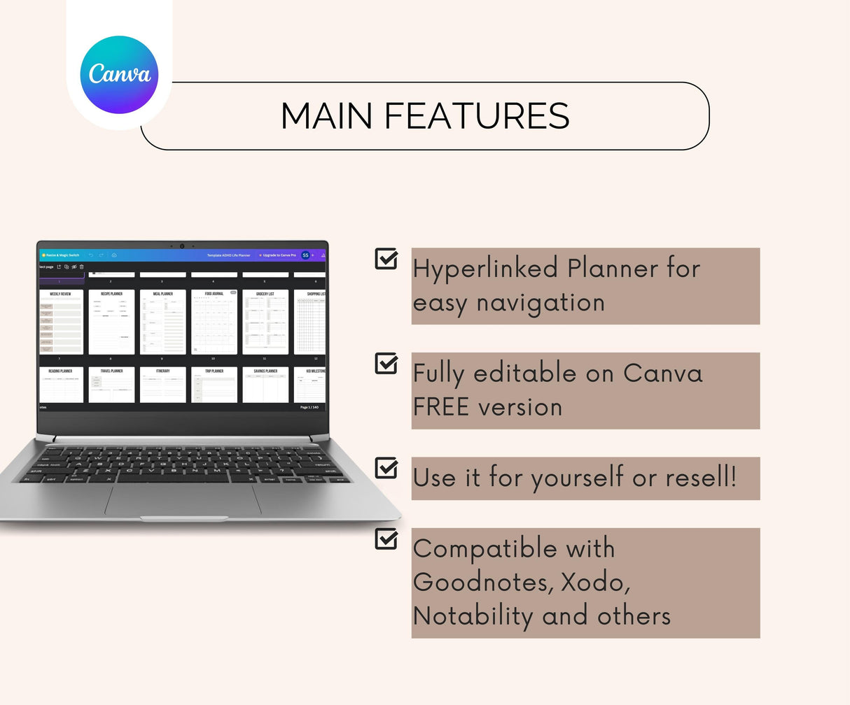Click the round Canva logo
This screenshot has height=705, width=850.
pos(119,75)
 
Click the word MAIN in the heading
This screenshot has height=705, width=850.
pos(326,116)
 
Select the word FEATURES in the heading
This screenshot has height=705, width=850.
pos(477,116)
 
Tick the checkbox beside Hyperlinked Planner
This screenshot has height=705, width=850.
pos(386,258)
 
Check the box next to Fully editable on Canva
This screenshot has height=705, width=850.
pos(386,363)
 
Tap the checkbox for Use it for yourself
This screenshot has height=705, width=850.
pos(386,468)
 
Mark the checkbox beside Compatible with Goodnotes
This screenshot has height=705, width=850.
pos(386,539)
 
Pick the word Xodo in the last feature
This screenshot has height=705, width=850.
pos(595,582)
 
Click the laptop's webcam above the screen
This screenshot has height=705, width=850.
pos(182,245)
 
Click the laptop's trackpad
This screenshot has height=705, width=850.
pos(183,499)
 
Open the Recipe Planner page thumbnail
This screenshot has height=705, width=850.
pos(111,322)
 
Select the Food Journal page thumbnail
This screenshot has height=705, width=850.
pos(214,322)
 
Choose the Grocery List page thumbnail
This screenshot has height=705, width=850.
pos(265,322)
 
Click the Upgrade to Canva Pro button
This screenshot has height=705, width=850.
pos(278,255)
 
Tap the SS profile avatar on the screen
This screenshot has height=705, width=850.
pos(305,255)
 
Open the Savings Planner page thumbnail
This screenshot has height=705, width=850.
pos(265,385)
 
